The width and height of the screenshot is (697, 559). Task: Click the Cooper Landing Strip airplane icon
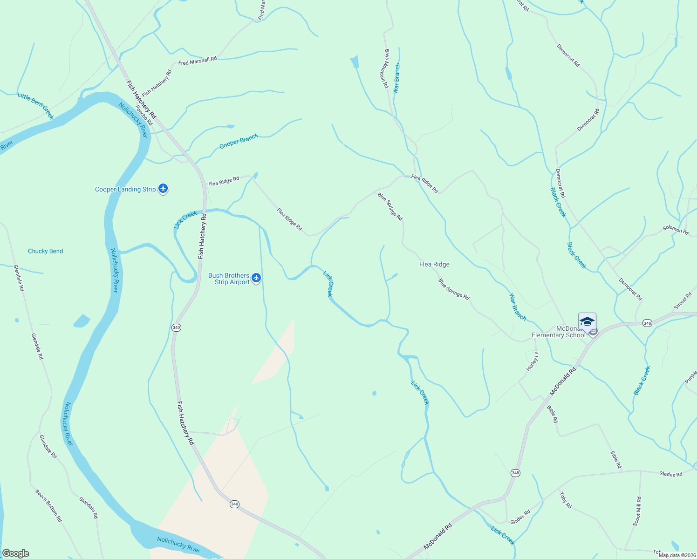click(163, 189)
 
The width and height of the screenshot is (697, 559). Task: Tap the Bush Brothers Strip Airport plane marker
click(256, 279)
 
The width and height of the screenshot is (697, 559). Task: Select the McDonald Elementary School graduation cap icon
click(587, 322)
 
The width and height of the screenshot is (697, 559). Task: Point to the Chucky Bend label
click(45, 251)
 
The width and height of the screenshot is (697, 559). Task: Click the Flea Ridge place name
click(434, 264)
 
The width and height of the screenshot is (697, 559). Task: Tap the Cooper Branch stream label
click(239, 141)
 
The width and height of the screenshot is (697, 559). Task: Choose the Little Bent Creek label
click(36, 105)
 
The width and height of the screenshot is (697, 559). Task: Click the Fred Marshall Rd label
click(198, 61)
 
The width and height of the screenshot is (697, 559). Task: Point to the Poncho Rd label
click(144, 115)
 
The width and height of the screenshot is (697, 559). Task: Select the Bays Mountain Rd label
click(386, 68)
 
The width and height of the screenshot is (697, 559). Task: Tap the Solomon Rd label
click(676, 230)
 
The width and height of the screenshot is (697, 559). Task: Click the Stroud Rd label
click(683, 301)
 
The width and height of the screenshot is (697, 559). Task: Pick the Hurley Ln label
click(533, 361)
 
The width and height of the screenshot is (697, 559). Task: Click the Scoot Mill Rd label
click(637, 511)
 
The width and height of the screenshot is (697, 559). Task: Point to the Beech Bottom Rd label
click(48, 505)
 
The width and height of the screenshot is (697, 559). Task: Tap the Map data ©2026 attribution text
click(677, 555)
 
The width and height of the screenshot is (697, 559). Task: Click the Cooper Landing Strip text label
click(125, 189)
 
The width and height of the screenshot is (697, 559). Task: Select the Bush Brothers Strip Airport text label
click(229, 279)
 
